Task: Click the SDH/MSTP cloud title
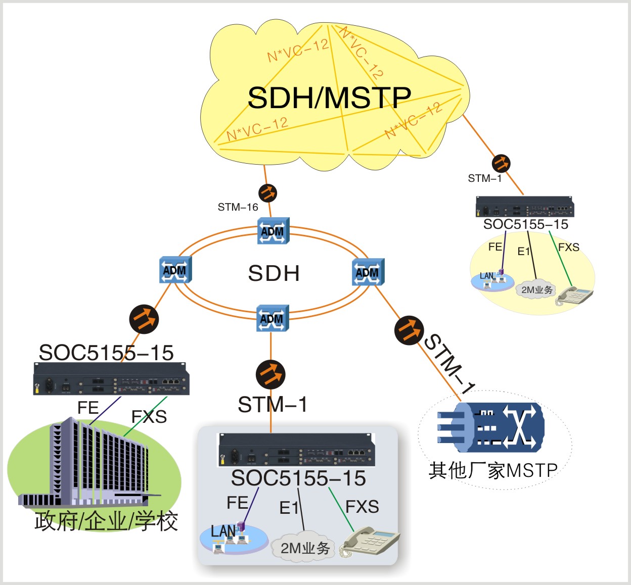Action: [329, 98]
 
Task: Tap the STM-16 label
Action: [238, 207]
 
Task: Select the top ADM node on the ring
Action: [273, 231]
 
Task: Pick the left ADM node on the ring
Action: [175, 270]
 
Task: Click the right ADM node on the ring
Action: [368, 272]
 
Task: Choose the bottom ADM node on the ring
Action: [272, 318]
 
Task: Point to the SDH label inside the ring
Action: [274, 273]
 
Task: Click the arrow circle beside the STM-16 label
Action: [267, 193]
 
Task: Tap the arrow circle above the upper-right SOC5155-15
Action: [501, 163]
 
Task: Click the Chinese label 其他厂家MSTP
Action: [493, 470]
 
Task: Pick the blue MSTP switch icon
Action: [490, 427]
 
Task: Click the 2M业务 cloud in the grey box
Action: [304, 548]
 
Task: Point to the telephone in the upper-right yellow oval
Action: [574, 295]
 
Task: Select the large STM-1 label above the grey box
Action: [273, 405]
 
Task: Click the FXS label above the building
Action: [149, 417]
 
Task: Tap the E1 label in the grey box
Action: [289, 508]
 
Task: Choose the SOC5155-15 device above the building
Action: [111, 378]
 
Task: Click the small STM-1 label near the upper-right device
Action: [484, 178]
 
